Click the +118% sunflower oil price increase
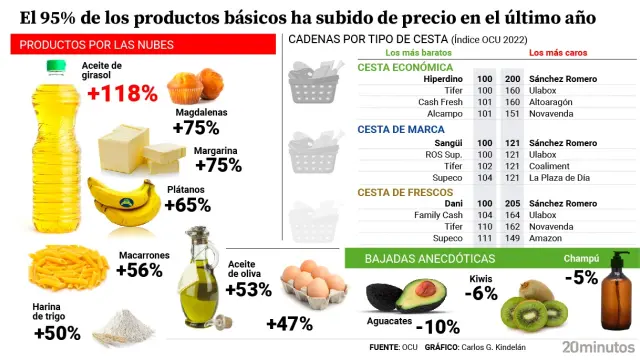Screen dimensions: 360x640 pyautogui.click(x=123, y=94)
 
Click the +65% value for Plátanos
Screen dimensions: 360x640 pyautogui.click(x=187, y=205)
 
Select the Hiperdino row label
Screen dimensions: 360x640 pyautogui.click(x=441, y=78)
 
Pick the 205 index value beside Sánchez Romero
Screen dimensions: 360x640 pyautogui.click(x=513, y=203)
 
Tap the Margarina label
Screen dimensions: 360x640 pyautogui.click(x=214, y=149)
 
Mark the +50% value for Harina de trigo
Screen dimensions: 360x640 pyautogui.click(x=56, y=333)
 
